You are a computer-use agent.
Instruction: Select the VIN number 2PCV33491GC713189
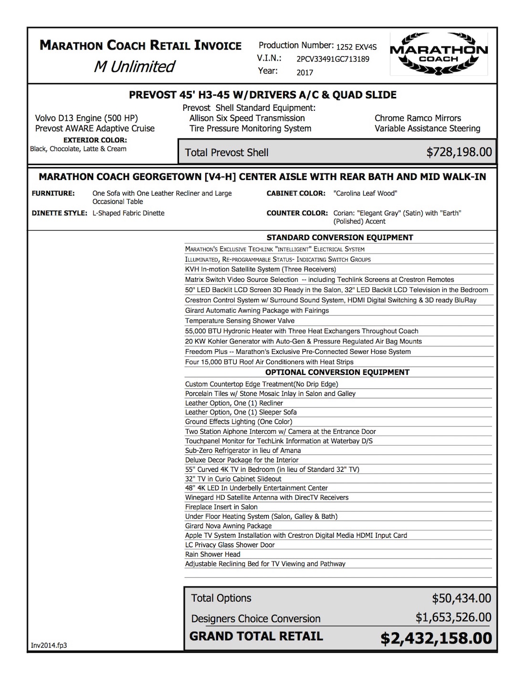tap(333, 59)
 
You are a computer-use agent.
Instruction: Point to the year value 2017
tap(304, 73)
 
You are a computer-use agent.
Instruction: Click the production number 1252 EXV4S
tap(356, 47)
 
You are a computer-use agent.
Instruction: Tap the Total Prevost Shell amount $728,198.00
tap(459, 152)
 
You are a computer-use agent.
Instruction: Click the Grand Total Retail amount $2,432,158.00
tap(436, 638)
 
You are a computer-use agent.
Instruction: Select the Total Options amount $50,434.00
tap(461, 598)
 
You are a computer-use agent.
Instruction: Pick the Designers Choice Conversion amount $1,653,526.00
tap(453, 617)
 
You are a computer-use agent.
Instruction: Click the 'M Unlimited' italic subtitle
tap(135, 66)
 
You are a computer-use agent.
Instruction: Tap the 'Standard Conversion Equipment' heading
tap(339, 237)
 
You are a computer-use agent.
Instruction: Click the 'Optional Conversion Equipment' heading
tap(337, 372)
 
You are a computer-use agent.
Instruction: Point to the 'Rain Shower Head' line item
tap(212, 554)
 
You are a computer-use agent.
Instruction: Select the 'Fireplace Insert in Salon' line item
tap(221, 507)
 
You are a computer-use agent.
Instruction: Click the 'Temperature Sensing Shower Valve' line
tap(240, 321)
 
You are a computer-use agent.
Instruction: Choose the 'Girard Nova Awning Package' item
tap(228, 526)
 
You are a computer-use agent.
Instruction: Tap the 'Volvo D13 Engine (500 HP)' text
tap(86, 118)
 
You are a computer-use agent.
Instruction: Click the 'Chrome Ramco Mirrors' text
tap(418, 118)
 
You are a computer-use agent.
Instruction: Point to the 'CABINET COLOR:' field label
tap(296, 193)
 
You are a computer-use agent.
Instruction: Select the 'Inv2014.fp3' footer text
tap(49, 646)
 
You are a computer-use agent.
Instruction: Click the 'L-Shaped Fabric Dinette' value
tap(128, 213)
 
